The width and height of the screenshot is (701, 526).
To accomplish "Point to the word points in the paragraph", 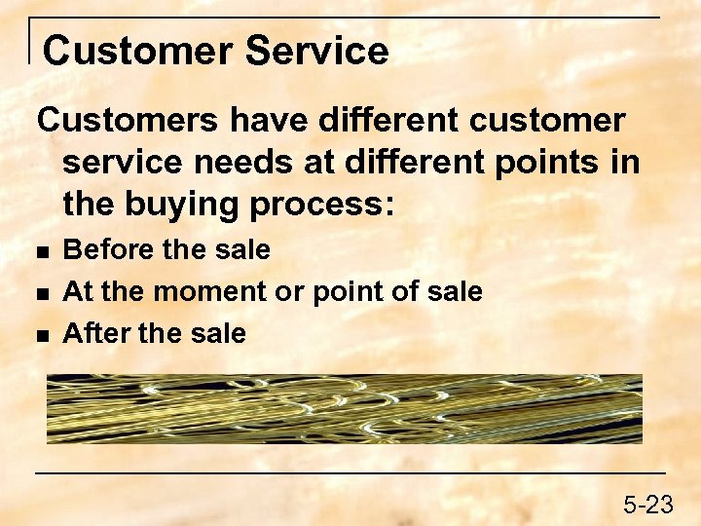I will tap(541, 163).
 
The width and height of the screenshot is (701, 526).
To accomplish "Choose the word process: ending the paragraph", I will tap(321, 207).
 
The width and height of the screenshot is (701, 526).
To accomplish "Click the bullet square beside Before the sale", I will tap(41, 251).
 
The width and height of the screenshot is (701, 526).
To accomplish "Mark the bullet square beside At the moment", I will tap(41, 293).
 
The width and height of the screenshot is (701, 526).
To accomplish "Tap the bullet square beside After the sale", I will tap(41, 335).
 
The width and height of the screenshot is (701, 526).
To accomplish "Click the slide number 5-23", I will tap(648, 505).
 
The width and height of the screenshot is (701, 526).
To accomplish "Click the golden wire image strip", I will tap(344, 409).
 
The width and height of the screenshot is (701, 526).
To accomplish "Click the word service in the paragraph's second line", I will tap(120, 163).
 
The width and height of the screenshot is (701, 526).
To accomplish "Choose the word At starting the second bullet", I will tap(76, 292).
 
